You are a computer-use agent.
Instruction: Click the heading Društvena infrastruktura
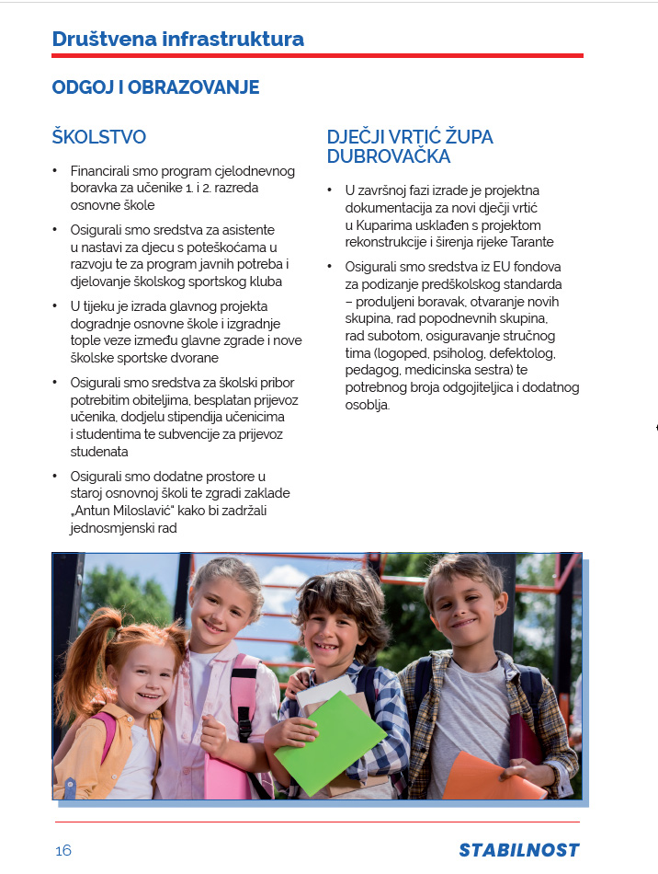tap(177, 39)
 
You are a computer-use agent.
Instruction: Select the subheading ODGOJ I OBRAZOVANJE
tap(155, 87)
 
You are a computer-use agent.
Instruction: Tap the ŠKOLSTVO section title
tap(99, 137)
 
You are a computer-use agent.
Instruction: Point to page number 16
tap(62, 850)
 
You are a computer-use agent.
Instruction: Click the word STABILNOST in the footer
tap(519, 850)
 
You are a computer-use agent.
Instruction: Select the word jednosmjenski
tap(113, 528)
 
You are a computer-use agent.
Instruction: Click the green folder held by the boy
tap(329, 741)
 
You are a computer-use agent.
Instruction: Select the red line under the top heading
tap(317, 56)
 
